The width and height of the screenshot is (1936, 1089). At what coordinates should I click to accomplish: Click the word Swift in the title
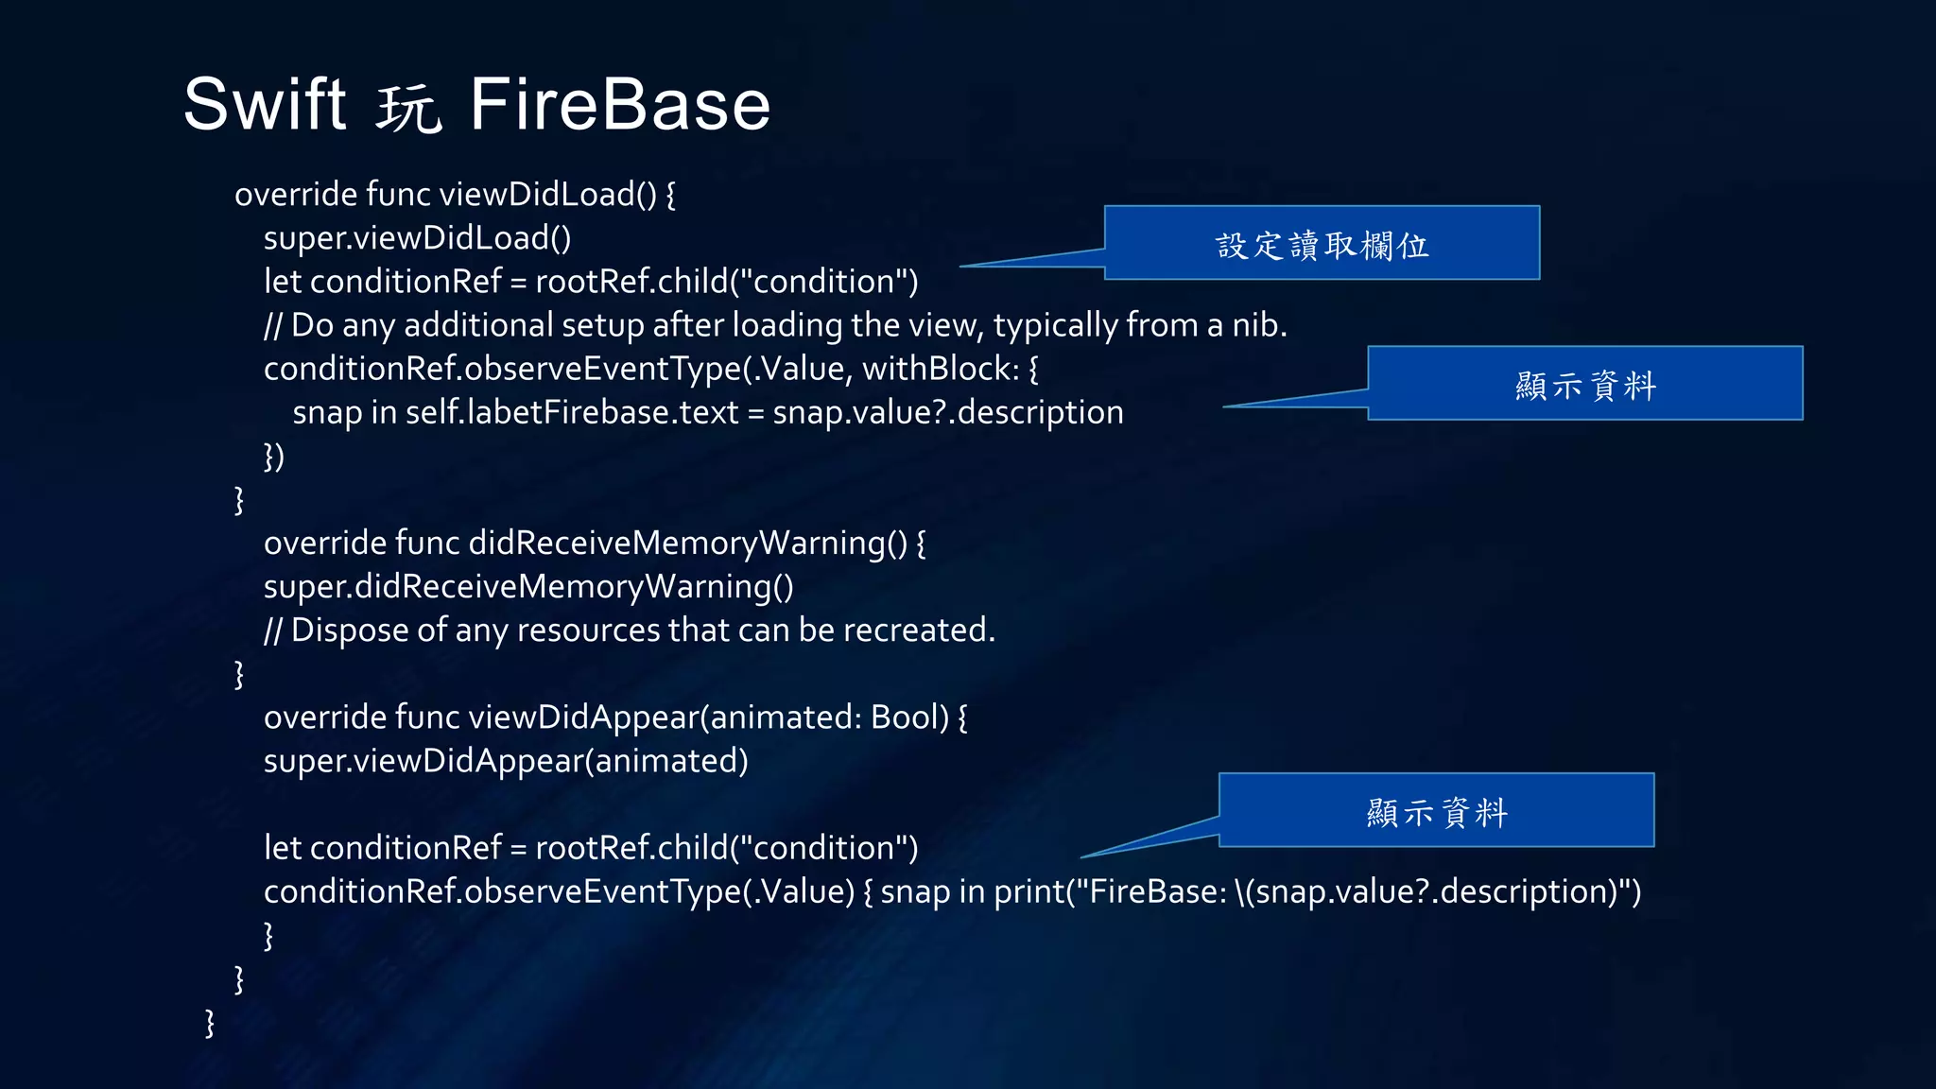pos(265,104)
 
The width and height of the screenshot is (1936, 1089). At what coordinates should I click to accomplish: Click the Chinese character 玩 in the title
pos(408,108)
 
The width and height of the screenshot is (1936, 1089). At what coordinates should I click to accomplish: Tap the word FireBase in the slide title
pos(620,104)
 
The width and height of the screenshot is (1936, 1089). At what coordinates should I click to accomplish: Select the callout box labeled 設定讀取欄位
pos(1322,244)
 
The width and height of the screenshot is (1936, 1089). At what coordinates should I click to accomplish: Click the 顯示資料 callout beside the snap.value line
pos(1584,384)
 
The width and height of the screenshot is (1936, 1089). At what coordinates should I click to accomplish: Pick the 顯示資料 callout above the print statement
pos(1436,811)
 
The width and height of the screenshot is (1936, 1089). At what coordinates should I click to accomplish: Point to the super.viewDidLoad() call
pos(417,238)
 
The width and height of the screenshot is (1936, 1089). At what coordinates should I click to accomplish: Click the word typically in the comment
pos(1055,326)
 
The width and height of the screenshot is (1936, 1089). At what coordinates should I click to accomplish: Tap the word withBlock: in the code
pos(941,369)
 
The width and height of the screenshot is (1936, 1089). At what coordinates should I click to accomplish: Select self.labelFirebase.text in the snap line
pos(572,413)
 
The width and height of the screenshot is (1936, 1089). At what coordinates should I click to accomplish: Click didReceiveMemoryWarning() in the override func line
pos(688,544)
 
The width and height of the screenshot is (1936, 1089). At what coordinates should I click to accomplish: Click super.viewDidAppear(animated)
pos(506,761)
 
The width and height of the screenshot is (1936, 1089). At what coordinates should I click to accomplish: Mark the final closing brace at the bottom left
pos(210,1023)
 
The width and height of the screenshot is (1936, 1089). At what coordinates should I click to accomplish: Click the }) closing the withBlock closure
pos(273,457)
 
